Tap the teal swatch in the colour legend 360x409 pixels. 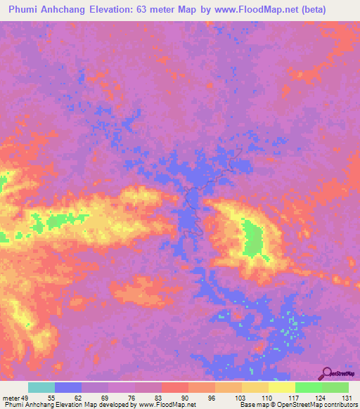point(41,387)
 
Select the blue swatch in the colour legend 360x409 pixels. point(68,387)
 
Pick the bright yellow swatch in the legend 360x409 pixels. point(281,387)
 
